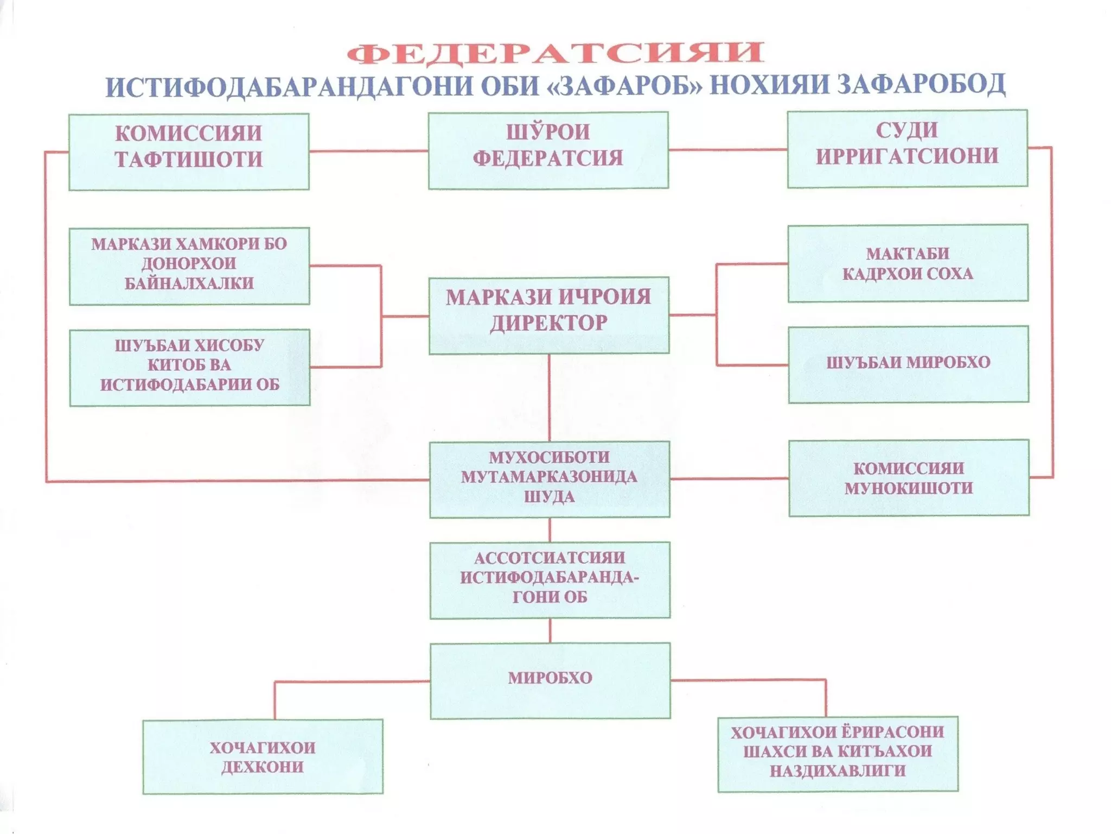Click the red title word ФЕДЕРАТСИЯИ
(555, 53)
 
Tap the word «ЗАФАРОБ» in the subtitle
(625, 85)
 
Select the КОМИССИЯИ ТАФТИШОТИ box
(189, 152)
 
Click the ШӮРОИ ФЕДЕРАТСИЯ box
(548, 150)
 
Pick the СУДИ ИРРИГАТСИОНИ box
(907, 148)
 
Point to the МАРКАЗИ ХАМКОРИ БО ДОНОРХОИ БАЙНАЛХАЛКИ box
(189, 266)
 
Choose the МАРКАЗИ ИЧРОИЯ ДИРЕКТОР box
(548, 315)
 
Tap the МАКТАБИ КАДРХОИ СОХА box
(908, 263)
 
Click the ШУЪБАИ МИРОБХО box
(908, 364)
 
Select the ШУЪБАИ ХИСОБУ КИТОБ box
(189, 367)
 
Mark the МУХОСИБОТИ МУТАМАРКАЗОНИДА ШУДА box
(550, 479)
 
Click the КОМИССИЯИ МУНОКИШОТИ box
(909, 478)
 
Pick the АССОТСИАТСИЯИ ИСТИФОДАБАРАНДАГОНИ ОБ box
(550, 580)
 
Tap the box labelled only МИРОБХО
(550, 680)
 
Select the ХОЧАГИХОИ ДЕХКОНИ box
(263, 757)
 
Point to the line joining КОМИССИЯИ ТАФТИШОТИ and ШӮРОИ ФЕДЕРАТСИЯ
(368, 151)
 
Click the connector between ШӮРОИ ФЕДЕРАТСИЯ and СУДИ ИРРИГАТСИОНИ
(727, 149)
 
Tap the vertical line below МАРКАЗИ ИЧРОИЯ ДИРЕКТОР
(549, 397)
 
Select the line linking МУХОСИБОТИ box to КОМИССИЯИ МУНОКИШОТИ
(729, 479)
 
